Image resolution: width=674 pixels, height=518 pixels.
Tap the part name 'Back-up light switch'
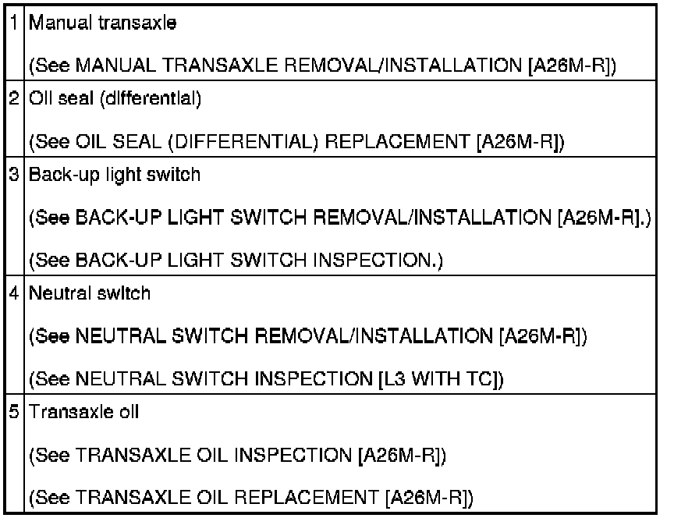115,174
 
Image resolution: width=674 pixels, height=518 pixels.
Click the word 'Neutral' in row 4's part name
55,293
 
